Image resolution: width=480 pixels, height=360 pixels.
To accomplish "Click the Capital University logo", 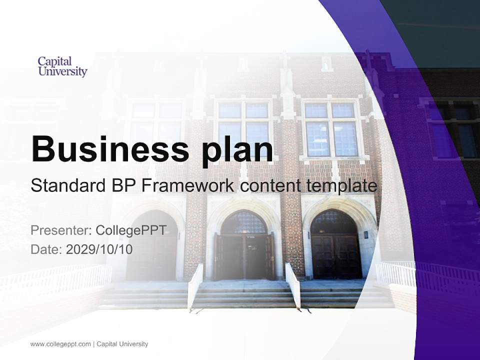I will (62, 66).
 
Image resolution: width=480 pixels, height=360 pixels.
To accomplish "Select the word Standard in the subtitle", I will (66, 186).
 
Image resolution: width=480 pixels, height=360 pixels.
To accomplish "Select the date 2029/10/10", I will (99, 249).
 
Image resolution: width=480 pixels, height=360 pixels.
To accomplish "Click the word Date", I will (46, 249).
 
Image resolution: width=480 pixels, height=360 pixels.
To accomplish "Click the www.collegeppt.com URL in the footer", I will (60, 344).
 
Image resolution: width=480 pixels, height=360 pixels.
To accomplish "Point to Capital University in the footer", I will (122, 344).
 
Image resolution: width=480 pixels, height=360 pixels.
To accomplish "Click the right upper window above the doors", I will (330, 128).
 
